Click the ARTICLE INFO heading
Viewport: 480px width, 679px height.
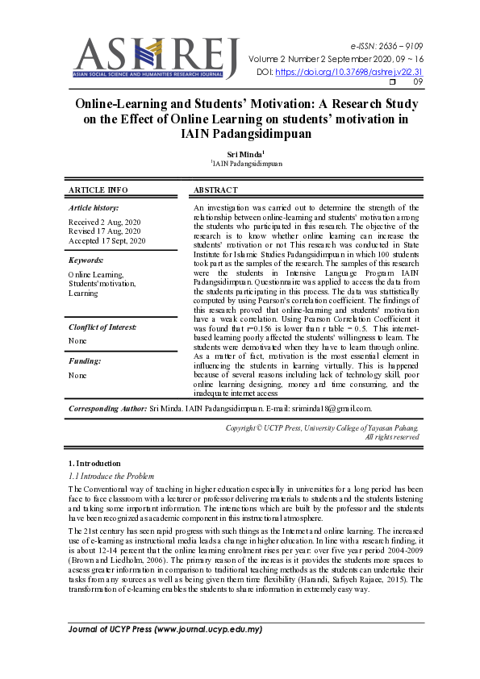pos(98,190)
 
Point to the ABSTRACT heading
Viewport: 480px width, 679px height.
pos(216,190)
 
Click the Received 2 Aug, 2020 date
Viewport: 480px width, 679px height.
pos(103,222)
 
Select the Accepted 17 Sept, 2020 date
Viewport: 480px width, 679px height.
pos(107,240)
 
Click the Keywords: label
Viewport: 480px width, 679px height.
pos(86,260)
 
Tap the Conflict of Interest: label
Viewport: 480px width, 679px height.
pos(102,327)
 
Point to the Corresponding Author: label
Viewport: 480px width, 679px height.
pos(107,410)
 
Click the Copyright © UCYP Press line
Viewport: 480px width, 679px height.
pos(322,427)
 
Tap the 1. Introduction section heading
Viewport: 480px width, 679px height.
pos(94,464)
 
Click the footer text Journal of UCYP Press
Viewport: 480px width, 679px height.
pos(165,629)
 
